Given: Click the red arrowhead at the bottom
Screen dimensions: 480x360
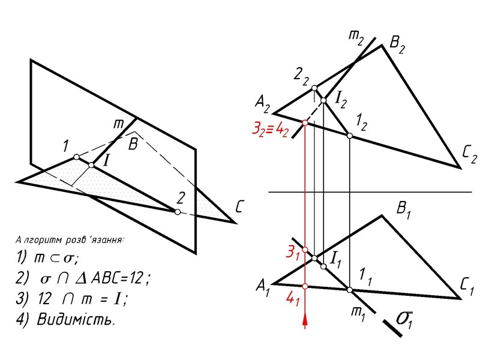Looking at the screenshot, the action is pos(305,322).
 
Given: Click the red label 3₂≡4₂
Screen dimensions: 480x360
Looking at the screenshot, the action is pos(270,128).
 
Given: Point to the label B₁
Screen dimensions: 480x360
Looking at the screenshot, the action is pos(404,209).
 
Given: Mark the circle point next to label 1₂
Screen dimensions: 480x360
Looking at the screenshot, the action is pos(350,136).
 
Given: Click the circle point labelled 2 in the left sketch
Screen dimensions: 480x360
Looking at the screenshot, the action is pos(176,212).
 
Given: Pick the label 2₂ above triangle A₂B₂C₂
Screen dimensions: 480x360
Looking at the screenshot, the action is pos(301,76).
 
